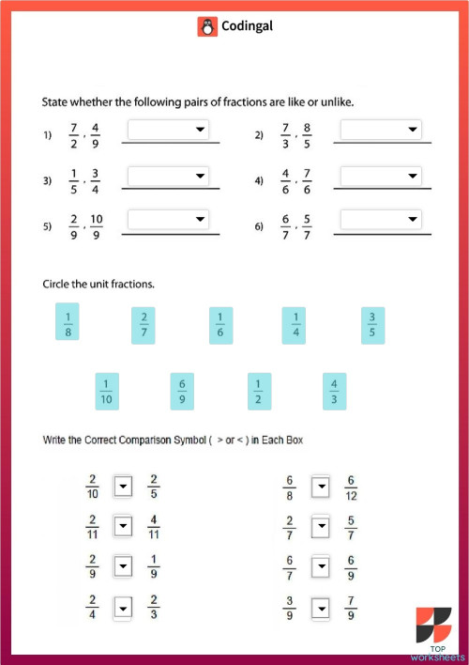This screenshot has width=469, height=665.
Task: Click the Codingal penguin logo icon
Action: (x=207, y=27)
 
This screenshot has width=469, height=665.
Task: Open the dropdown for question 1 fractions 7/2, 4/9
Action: (x=168, y=130)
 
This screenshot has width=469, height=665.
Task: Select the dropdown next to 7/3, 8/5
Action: (x=381, y=130)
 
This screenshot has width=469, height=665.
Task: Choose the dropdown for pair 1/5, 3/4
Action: (x=168, y=176)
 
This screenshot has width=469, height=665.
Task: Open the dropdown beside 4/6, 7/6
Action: (x=381, y=176)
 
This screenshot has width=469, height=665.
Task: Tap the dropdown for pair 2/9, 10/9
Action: (x=168, y=219)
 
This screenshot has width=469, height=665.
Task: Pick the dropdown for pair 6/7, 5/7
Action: (x=381, y=219)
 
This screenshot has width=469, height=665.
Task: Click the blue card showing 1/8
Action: (x=68, y=321)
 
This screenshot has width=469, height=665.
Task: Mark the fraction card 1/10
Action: (x=107, y=392)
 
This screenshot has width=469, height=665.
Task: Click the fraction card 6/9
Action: (x=182, y=392)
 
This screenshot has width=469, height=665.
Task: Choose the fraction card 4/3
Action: (x=335, y=392)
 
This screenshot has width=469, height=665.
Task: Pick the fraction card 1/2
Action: (x=259, y=392)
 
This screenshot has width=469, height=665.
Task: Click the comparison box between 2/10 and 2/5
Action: (x=122, y=486)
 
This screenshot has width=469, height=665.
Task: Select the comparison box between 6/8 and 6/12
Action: (x=320, y=486)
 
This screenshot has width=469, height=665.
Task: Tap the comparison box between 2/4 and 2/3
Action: (x=122, y=608)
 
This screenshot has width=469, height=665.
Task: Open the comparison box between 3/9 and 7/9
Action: (x=320, y=608)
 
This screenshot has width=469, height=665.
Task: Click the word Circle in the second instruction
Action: (x=58, y=283)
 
